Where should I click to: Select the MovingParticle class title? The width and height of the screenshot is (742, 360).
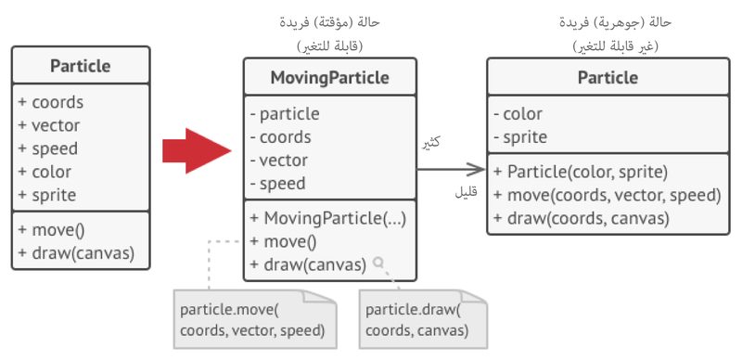[329, 77]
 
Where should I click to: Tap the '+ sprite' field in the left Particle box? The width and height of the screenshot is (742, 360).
[46, 195]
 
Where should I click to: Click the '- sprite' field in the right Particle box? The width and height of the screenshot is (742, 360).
[525, 137]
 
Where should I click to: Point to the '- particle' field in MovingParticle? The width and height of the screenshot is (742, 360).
[286, 114]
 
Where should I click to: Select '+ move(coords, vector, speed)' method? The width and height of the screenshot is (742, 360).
[608, 195]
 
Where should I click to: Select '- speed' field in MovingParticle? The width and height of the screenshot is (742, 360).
[278, 184]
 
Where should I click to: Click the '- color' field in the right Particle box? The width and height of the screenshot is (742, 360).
[522, 114]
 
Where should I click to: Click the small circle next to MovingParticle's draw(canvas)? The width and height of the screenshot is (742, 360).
[378, 264]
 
